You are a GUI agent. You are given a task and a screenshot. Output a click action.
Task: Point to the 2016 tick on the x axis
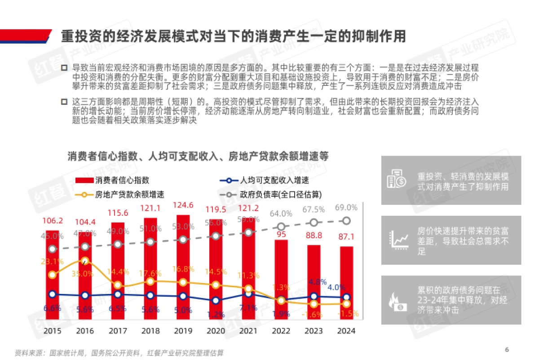[x=85, y=331]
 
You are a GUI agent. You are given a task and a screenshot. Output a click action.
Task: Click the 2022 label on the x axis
[x=281, y=331]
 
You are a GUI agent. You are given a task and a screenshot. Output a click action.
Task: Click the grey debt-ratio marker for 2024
[x=346, y=221]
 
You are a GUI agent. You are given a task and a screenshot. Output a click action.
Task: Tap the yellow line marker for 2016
[x=85, y=261]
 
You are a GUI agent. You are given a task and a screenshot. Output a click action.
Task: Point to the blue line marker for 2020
[x=216, y=301]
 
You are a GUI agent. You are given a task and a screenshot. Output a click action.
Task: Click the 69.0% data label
[x=346, y=208]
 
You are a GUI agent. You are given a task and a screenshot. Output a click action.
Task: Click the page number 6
[x=507, y=350]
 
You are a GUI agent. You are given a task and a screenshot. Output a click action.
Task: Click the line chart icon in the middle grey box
[x=397, y=240]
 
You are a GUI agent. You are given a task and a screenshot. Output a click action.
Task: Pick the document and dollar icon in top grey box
[x=397, y=179]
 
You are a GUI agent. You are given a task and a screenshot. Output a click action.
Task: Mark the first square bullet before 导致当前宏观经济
[x=64, y=68]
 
